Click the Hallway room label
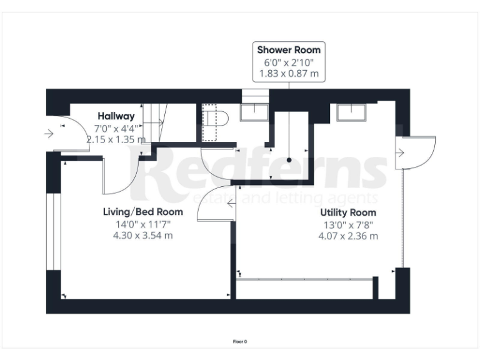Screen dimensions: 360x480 [x=116, y=116]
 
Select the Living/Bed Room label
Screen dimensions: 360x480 [x=142, y=212]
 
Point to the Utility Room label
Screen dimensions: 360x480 [x=348, y=212]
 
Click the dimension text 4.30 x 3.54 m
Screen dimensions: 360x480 [x=142, y=236]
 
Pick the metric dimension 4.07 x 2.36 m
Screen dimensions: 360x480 [x=348, y=236]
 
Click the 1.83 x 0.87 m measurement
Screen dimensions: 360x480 [x=289, y=74]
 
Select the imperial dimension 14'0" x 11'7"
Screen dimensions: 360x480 [x=142, y=224]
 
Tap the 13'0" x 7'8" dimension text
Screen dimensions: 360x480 [x=348, y=224]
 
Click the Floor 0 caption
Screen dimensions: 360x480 [x=240, y=341]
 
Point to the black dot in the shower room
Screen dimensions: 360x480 [x=289, y=160]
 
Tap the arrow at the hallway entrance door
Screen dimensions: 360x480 [x=49, y=133]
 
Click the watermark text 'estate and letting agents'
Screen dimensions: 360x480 [x=287, y=198]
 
